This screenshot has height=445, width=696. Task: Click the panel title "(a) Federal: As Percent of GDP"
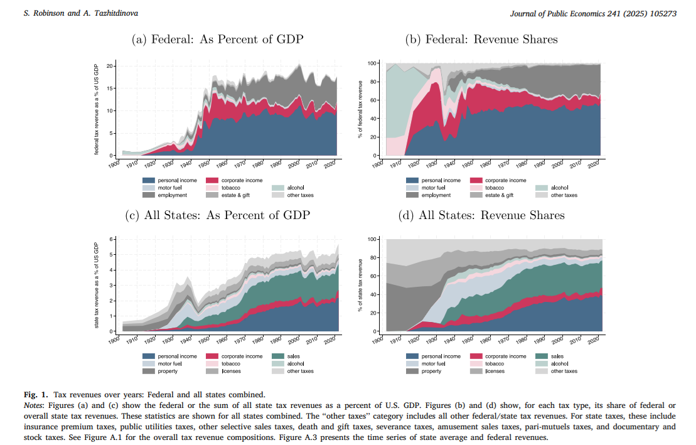[x=217, y=40]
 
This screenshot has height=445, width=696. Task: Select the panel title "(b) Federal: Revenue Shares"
[x=481, y=40]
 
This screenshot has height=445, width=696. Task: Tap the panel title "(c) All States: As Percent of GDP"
[x=218, y=215]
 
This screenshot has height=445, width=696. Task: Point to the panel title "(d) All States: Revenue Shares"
[x=481, y=215]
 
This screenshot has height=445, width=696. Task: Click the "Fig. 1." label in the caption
[x=36, y=395]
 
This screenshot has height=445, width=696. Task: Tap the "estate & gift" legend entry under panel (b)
[x=498, y=195]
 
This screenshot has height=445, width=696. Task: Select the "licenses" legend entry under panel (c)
[x=231, y=371]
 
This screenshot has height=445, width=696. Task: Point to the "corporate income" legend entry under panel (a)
[x=242, y=180]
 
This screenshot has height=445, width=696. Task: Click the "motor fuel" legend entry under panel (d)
[x=433, y=363]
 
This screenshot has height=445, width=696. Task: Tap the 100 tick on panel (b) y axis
[x=372, y=63]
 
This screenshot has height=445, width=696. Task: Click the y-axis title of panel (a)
[x=97, y=109]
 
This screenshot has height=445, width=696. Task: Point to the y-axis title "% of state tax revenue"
[x=361, y=285]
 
